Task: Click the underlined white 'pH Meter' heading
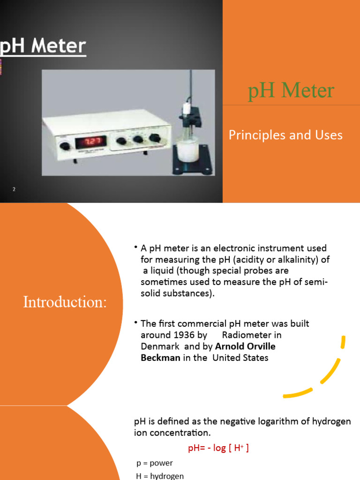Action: (x=43, y=46)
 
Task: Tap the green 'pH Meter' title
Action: (x=291, y=90)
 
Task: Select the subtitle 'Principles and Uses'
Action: (x=285, y=135)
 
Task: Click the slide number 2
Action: (x=14, y=189)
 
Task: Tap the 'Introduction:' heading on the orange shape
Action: (x=65, y=302)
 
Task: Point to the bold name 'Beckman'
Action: (x=160, y=358)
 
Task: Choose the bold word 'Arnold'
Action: (x=232, y=347)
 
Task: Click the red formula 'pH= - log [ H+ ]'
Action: (x=218, y=448)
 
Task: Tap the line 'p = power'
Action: (x=155, y=463)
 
